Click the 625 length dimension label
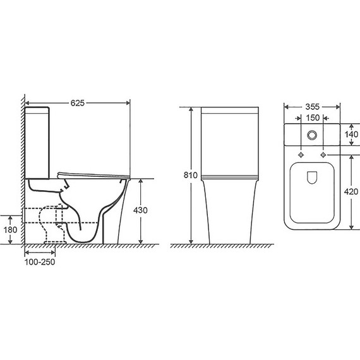pyautogui.click(x=78, y=103)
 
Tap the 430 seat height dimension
pyautogui.click(x=140, y=210)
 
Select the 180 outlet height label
pyautogui.click(x=10, y=230)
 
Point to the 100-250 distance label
pyautogui.click(x=40, y=262)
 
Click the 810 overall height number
pyautogui.click(x=190, y=175)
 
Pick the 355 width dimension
pyautogui.click(x=312, y=107)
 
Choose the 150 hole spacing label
pyautogui.click(x=313, y=117)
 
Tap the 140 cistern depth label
pyautogui.click(x=351, y=135)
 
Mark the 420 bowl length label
pyautogui.click(x=351, y=191)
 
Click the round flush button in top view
pyautogui.click(x=312, y=135)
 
